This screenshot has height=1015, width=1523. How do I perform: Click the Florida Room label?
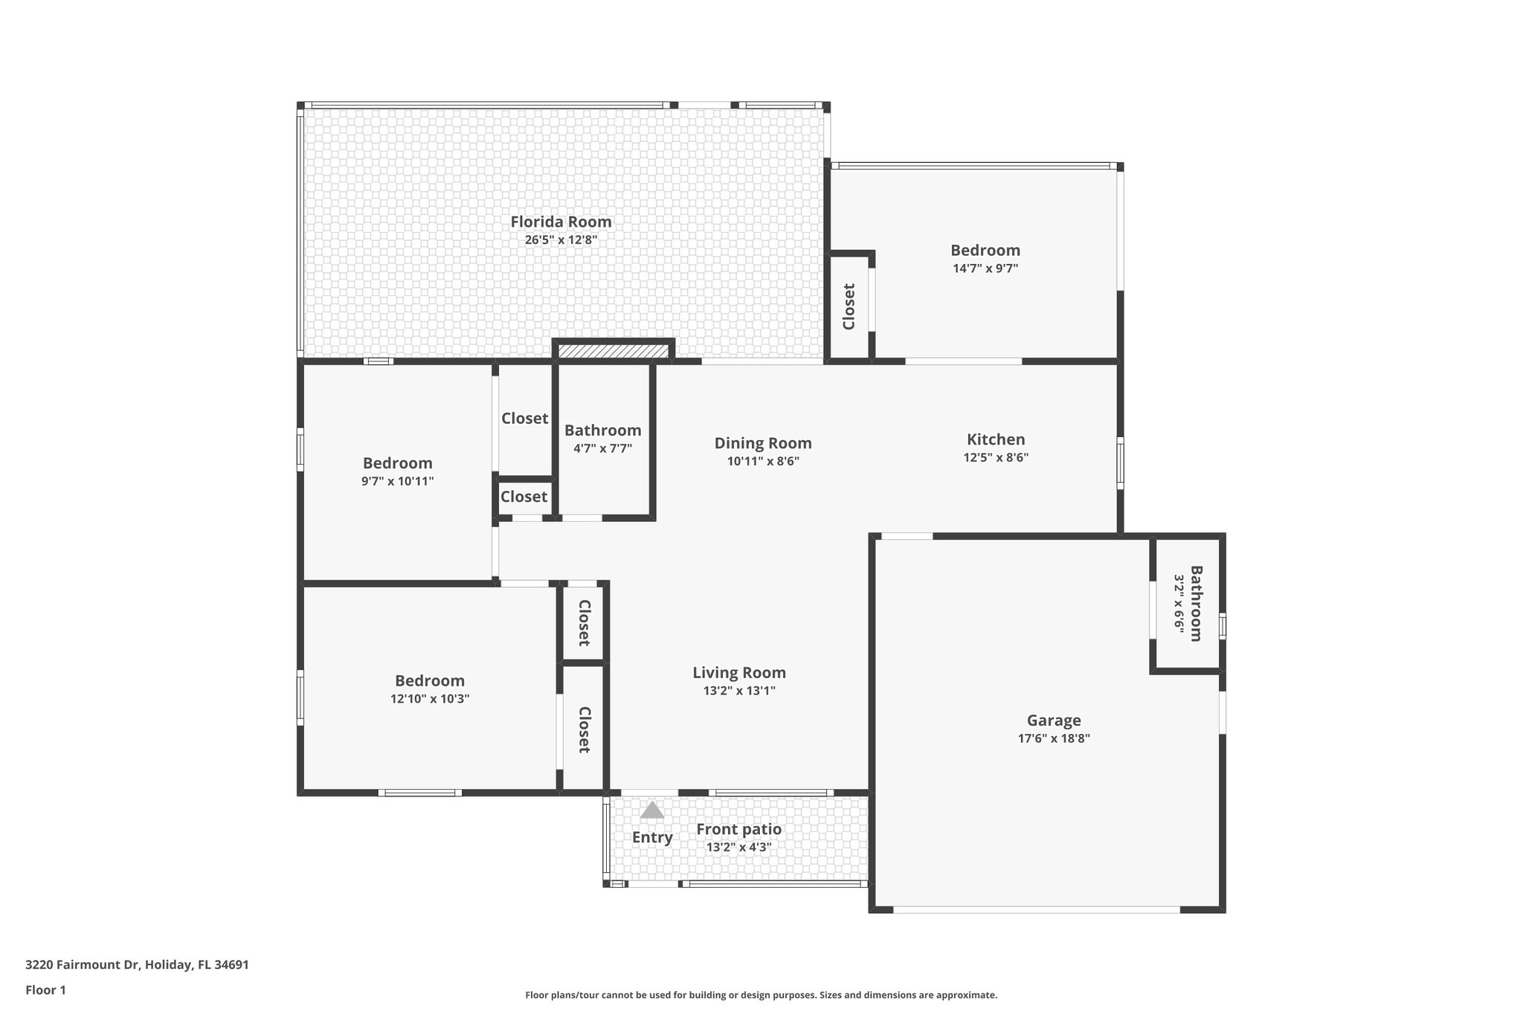tap(561, 222)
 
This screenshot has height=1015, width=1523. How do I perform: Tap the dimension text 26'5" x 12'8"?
tap(561, 240)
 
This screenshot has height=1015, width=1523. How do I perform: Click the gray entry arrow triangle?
tap(652, 810)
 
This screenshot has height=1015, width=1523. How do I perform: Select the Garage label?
tap(1054, 720)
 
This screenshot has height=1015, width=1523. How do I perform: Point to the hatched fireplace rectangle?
tap(614, 350)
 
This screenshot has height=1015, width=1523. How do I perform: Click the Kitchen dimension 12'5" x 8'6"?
tap(996, 458)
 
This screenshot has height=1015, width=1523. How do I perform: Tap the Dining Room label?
tap(763, 443)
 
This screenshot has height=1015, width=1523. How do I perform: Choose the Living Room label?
tap(738, 673)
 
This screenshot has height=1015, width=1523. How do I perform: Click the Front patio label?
tap(738, 829)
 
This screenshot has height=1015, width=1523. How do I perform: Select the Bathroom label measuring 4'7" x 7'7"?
tap(602, 431)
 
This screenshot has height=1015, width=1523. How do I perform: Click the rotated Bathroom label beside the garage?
tap(1196, 603)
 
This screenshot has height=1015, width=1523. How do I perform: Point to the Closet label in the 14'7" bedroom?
tap(849, 306)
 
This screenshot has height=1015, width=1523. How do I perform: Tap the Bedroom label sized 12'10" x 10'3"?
tap(430, 680)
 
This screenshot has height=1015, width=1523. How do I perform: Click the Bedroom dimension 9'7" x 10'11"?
tap(397, 481)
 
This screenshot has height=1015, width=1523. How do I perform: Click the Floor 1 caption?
tap(45, 990)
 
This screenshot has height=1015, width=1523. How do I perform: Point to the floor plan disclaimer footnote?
tap(761, 995)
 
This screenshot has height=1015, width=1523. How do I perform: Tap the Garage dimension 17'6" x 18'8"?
tap(1054, 738)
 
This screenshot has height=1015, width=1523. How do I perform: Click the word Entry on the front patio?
tap(652, 837)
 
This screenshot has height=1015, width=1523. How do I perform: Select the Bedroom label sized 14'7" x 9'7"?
tap(985, 251)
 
